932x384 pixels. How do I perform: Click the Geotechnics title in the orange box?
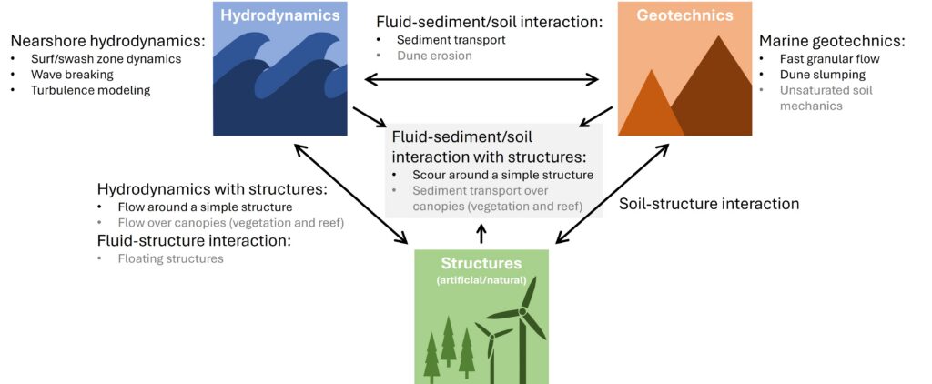[685, 16]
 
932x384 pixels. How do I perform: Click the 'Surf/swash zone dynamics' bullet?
[104, 59]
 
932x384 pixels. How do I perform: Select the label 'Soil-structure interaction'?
[709, 204]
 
